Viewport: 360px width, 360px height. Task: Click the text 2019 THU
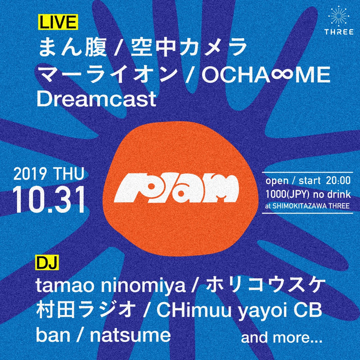[48, 175]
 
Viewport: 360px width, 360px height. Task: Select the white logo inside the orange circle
[176, 189]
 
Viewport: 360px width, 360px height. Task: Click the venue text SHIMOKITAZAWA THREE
[311, 206]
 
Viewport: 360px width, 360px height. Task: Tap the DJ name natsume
[130, 336]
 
